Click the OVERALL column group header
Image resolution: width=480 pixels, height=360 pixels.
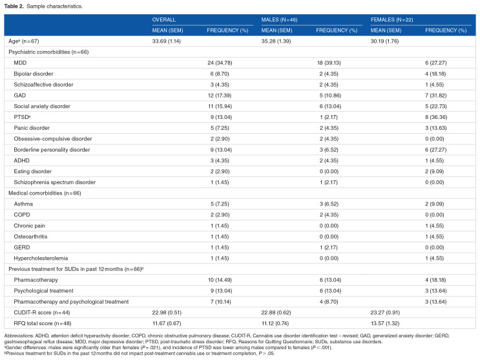click(164, 19)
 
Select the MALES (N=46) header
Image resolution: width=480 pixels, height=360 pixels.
click(279, 19)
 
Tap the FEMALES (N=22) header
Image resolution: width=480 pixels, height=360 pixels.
click(391, 19)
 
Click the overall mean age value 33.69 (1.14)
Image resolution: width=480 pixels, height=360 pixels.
click(167, 41)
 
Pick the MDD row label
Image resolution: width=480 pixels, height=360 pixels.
click(20, 63)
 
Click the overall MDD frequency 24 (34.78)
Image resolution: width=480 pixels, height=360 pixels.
click(220, 63)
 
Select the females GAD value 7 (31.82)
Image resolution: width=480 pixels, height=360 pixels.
click(435, 95)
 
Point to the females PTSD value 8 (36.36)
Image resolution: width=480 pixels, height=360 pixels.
click(436, 117)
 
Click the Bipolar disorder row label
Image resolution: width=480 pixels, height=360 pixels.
click(34, 74)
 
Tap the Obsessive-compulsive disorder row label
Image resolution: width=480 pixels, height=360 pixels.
click(53, 139)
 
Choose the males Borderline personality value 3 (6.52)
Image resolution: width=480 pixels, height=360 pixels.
click(329, 149)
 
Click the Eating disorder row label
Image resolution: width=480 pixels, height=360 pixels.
click(32, 171)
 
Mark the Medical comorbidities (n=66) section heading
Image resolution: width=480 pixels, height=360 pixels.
click(45, 193)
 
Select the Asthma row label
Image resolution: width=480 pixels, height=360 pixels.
click(23, 204)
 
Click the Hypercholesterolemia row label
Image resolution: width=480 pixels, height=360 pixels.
click(41, 259)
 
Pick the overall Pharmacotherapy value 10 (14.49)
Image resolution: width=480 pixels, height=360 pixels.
click(220, 280)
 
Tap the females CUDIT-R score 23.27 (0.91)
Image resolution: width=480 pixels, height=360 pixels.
click(385, 313)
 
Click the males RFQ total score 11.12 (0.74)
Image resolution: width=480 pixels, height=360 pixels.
click(275, 323)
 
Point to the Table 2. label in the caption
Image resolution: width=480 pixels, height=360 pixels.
click(14, 6)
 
